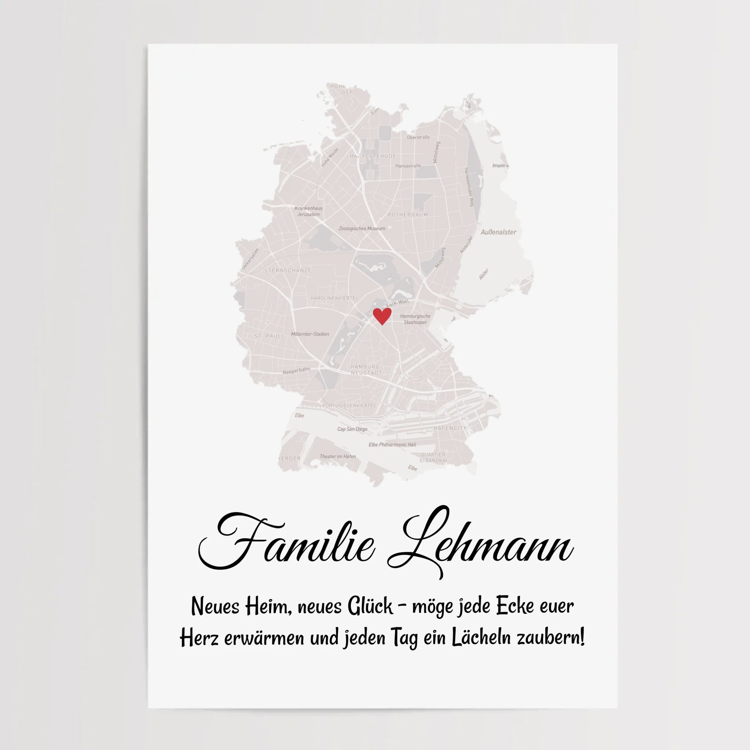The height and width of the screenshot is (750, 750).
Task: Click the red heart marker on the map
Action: click(382, 316)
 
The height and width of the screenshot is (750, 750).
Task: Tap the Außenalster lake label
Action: click(498, 232)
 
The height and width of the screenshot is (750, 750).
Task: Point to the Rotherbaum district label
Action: click(408, 215)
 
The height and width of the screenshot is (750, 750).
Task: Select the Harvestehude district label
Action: click(373, 156)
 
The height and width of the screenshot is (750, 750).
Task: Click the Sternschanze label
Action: click(287, 270)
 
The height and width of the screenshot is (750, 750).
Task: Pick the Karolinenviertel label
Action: click(334, 298)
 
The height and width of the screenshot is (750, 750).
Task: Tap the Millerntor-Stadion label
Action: click(310, 334)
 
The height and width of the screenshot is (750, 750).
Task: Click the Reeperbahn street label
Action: click(296, 371)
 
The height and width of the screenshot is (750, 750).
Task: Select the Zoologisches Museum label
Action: click(362, 228)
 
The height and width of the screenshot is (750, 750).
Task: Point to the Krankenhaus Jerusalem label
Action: click(309, 211)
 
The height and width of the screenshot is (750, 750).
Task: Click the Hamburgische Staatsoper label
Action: click(415, 319)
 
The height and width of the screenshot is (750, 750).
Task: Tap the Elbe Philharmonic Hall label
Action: click(392, 445)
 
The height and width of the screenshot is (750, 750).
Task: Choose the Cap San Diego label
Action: click(352, 429)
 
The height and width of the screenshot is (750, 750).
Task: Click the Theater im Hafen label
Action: click(337, 456)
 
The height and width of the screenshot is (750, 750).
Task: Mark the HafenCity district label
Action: click(450, 428)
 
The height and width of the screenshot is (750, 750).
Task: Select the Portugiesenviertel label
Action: click(349, 405)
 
